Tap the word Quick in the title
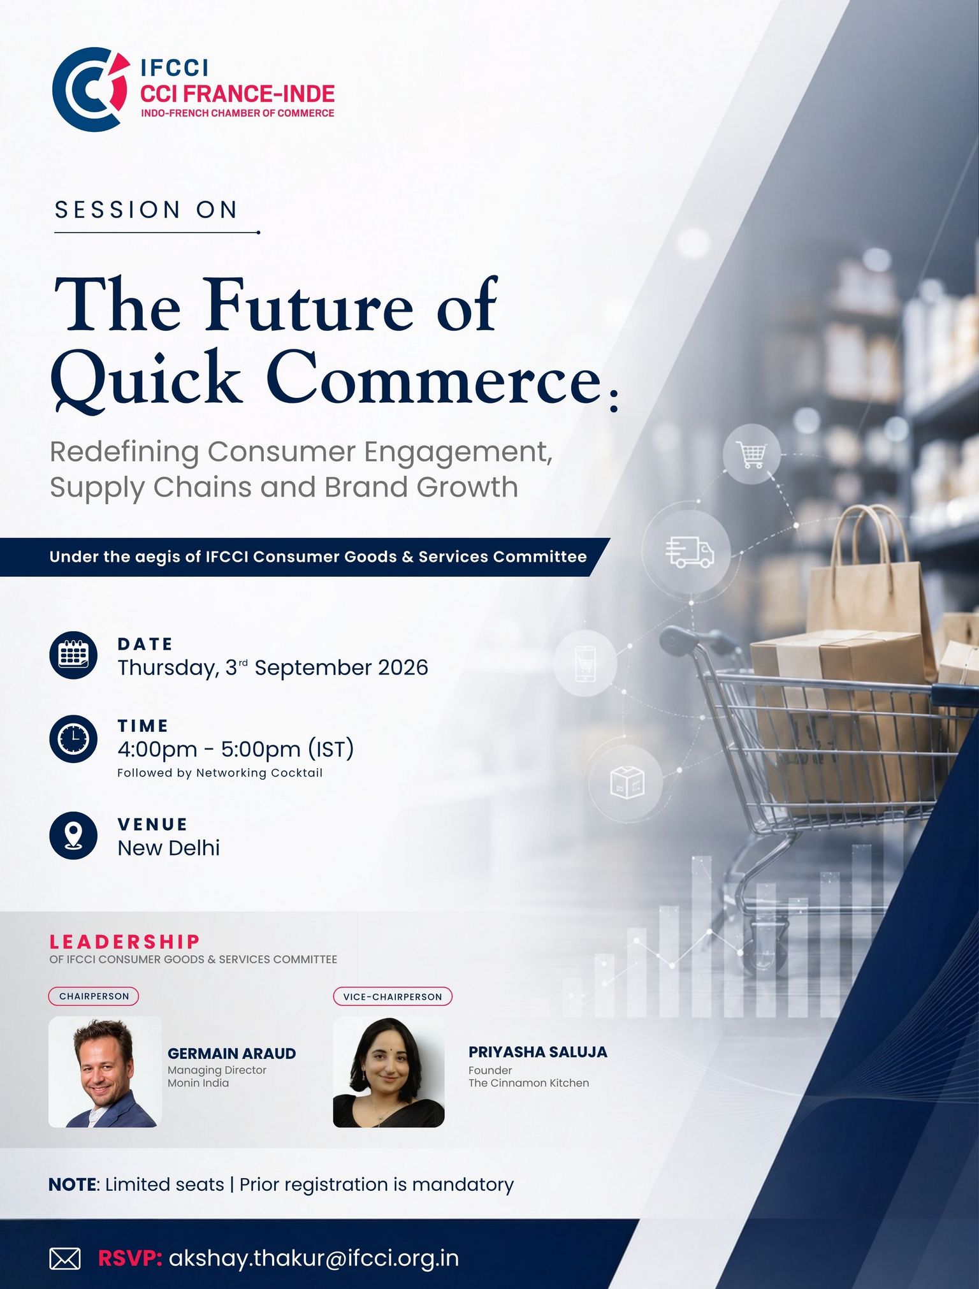tap(147, 379)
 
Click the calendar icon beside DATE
tap(73, 655)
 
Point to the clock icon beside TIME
tap(73, 738)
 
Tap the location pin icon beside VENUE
tap(73, 835)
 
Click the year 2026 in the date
tap(403, 667)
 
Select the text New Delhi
tap(169, 848)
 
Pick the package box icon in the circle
tap(627, 782)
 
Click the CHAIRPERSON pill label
tap(94, 996)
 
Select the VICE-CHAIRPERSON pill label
tap(393, 996)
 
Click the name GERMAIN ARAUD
tap(232, 1053)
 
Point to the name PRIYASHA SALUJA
tap(538, 1052)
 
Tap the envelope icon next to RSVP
tap(65, 1259)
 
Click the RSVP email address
tap(314, 1258)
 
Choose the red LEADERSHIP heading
tap(125, 942)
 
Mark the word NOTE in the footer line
tap(73, 1184)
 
